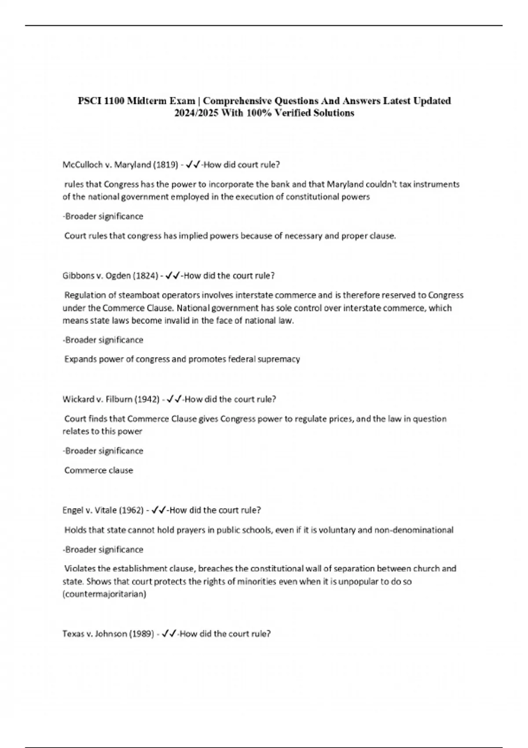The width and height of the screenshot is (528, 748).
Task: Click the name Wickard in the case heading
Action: tap(77, 400)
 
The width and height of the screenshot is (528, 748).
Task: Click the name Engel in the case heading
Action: tap(72, 510)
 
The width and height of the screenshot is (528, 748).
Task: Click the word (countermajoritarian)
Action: tap(104, 594)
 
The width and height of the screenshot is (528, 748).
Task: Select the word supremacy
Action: tap(279, 359)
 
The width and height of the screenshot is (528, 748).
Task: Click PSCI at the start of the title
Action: tap(88, 101)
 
